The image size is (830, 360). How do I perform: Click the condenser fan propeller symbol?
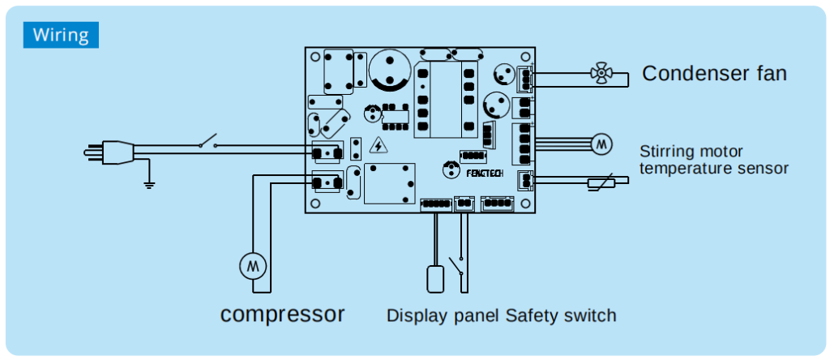[601, 75]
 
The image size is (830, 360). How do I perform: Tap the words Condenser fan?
[714, 74]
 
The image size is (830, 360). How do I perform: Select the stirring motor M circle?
[601, 144]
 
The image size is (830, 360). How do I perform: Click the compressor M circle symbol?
[252, 265]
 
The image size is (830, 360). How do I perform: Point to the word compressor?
[283, 314]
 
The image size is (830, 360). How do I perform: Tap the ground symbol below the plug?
[148, 183]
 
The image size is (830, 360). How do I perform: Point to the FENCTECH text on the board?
[485, 172]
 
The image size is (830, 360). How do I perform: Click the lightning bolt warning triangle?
[378, 146]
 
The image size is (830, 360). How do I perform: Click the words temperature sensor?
[713, 168]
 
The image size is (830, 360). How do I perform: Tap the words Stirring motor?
[691, 152]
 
